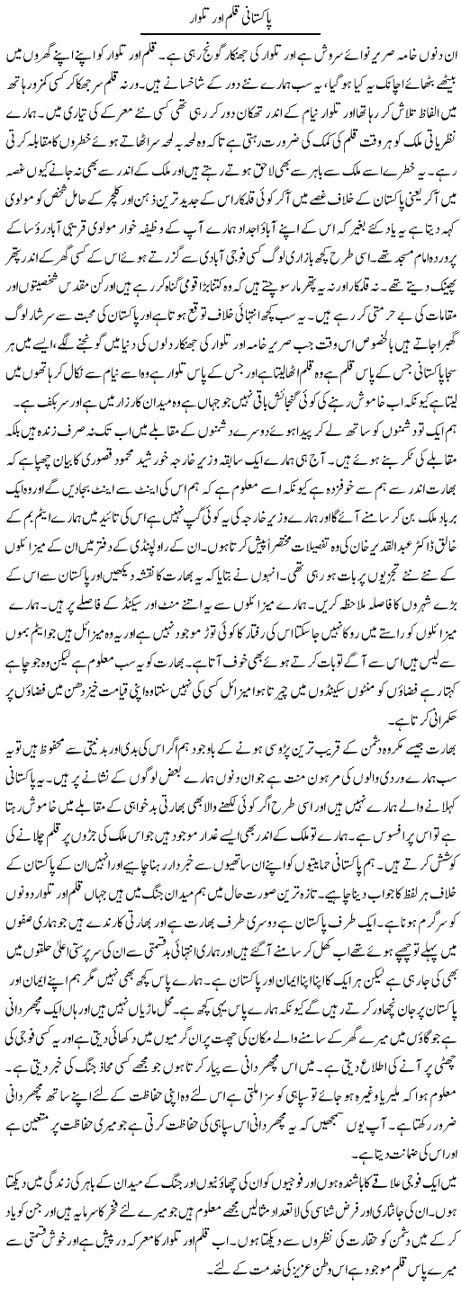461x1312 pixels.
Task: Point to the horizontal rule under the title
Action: [230, 33]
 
